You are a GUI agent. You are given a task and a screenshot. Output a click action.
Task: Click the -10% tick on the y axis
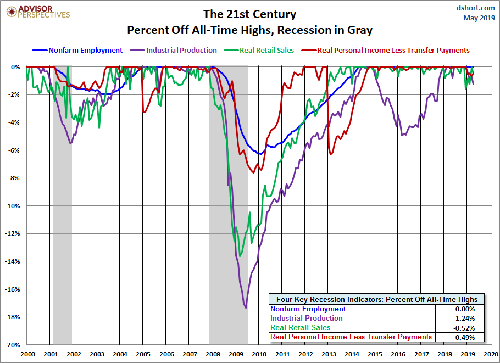pos(13,206)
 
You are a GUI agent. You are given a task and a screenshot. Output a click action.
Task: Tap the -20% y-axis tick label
pos(13,345)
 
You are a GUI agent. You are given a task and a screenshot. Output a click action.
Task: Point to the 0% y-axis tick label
pos(16,67)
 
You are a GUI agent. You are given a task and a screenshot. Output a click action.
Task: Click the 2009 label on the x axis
pos(236,354)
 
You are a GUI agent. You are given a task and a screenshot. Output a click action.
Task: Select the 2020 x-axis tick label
pos(490,354)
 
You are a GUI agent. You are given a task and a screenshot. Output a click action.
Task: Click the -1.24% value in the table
pos(461,319)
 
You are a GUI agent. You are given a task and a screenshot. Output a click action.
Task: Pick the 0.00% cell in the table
pos(462,309)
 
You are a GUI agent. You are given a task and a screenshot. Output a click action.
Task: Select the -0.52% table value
pos(461,328)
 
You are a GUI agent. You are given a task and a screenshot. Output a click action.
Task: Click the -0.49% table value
pos(461,337)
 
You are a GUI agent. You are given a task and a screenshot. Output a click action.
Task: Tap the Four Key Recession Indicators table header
pos(377,299)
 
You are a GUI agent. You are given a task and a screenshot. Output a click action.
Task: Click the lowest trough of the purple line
pos(246,308)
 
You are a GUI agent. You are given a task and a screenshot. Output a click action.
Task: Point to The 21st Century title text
pos(250,14)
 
